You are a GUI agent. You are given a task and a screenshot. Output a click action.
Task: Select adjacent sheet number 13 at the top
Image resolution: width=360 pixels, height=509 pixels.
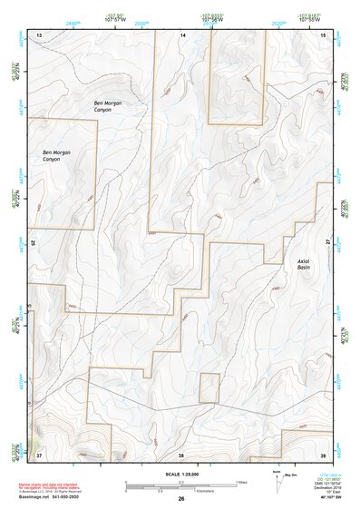pos(39,34)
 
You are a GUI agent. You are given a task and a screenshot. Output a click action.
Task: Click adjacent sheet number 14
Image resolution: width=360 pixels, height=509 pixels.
pos(182,34)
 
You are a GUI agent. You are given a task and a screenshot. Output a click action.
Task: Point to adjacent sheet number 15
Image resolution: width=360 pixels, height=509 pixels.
pos(324,34)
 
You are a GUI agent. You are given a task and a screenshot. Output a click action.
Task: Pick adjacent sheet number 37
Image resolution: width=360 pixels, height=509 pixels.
pos(39,454)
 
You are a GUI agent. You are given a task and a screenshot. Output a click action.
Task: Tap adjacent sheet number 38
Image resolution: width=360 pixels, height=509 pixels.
pos(181,454)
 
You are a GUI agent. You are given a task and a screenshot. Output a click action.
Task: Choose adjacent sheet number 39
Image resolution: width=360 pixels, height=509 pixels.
pos(324,454)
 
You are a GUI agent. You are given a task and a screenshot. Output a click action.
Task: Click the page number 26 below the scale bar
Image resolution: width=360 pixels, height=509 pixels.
pos(181,499)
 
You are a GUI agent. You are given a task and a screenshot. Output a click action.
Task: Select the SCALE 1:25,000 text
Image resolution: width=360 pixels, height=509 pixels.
pos(181,474)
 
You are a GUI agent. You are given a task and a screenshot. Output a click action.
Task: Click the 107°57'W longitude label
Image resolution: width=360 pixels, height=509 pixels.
pos(113,18)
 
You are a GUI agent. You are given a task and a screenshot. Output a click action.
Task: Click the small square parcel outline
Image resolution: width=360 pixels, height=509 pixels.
pos(209,387)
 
